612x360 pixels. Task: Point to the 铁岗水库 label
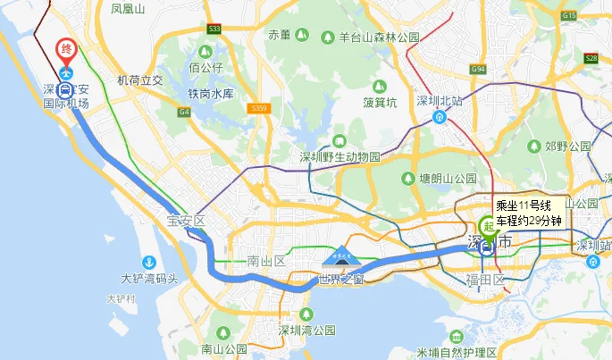[x=210, y=93]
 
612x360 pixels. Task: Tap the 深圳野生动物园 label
[x=340, y=157]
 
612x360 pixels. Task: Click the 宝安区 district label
[x=186, y=221]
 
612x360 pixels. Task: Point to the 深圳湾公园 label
[x=306, y=331]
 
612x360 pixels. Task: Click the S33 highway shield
[x=214, y=29]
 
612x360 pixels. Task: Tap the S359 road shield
[x=259, y=108]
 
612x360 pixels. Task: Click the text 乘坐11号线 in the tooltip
[x=528, y=205]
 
